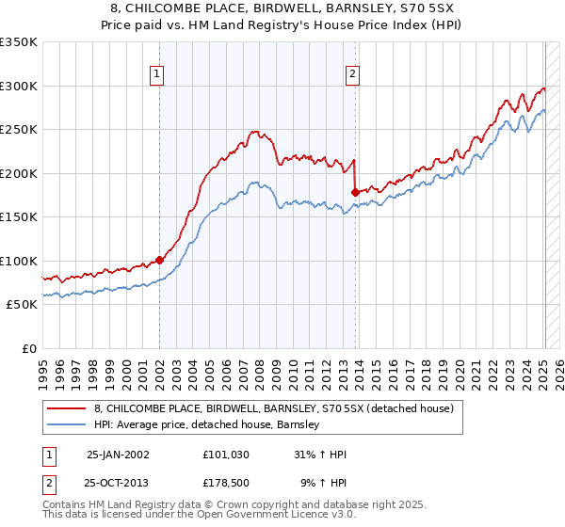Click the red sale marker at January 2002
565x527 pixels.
coord(159,260)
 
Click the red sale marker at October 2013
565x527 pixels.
coord(355,192)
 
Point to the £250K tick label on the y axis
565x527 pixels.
coord(19,129)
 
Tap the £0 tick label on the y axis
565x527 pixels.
coord(30,348)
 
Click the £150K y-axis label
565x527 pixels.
coord(19,216)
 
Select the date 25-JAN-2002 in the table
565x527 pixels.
coord(118,455)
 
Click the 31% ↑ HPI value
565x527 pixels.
coord(320,455)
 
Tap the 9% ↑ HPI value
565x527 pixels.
coord(323,482)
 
